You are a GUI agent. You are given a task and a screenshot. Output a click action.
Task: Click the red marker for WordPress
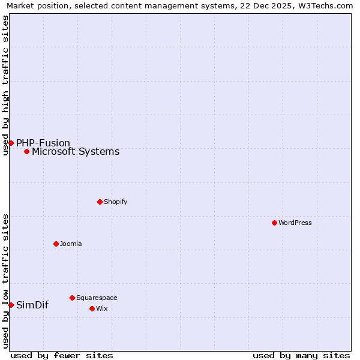click(274, 223)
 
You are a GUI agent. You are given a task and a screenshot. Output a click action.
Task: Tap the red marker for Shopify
click(100, 202)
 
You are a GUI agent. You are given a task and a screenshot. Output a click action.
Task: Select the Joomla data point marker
click(56, 244)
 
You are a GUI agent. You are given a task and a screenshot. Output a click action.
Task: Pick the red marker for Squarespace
click(72, 298)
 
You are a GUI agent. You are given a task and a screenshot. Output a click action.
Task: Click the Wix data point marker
click(92, 308)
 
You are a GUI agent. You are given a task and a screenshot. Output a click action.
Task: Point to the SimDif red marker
click(11, 305)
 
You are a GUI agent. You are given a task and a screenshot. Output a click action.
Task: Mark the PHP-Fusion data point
click(11, 143)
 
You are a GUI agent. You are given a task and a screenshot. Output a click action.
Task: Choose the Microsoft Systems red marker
click(26, 151)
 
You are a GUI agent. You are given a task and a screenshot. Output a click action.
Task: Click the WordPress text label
click(295, 223)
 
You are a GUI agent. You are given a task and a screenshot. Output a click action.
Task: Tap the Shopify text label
click(116, 202)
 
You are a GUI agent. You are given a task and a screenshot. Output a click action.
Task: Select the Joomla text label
click(71, 244)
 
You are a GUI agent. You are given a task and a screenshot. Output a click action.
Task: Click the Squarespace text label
click(97, 298)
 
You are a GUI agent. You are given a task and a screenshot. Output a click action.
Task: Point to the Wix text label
click(101, 308)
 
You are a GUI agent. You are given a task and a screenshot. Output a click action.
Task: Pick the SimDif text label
click(32, 305)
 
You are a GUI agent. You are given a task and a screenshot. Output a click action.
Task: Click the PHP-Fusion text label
click(43, 143)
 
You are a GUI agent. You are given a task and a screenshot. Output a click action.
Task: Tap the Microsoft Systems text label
click(76, 151)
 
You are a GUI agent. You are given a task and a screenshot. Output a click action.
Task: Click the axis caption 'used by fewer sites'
click(62, 355)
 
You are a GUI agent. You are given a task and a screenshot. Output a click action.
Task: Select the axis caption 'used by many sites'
click(301, 355)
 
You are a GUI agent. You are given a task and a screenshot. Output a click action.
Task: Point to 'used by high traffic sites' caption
click(5, 85)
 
